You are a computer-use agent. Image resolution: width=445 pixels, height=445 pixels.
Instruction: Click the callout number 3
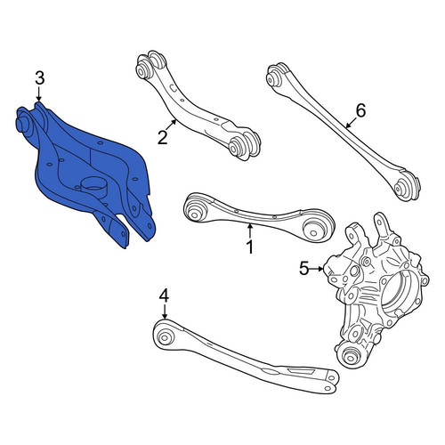tap(40, 78)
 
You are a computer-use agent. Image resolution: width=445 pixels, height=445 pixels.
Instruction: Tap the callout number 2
tap(163, 138)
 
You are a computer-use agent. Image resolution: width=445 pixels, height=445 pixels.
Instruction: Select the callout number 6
tap(360, 110)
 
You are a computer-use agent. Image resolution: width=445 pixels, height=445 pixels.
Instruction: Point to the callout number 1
tap(251, 247)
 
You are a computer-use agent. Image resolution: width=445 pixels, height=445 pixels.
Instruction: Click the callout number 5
tap(304, 269)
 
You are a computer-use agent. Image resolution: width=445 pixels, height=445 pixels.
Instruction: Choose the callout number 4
tap(164, 295)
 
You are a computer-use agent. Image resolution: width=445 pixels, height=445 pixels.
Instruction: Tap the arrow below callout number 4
tap(165, 311)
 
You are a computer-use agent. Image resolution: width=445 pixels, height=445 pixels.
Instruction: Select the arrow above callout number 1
tap(250, 231)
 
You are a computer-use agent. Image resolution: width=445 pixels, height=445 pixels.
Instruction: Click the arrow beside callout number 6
tap(351, 123)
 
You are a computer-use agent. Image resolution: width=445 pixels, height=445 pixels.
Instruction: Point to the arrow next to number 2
tap(171, 125)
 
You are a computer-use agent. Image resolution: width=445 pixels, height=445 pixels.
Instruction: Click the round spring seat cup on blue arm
tap(93, 186)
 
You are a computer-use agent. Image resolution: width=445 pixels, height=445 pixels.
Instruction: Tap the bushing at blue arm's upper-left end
tap(23, 124)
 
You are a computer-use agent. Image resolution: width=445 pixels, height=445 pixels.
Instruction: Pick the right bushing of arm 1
tap(314, 228)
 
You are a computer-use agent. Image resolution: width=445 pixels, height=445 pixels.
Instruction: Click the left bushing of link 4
tap(164, 336)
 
